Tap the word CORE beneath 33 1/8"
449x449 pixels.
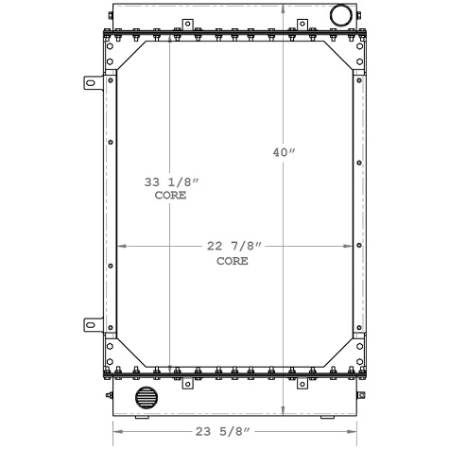coord(171,196)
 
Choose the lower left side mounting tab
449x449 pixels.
coord(95,326)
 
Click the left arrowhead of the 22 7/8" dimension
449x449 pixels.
coord(121,248)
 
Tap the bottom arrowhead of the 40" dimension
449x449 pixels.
coord(285,412)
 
